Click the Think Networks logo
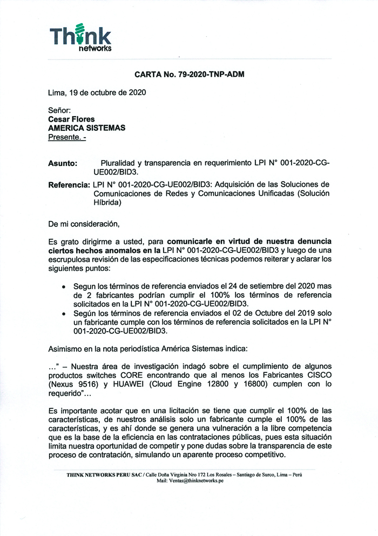pos(80,38)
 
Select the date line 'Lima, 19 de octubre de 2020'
pos(97,92)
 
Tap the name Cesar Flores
pos(71,119)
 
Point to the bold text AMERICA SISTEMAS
pos(86,128)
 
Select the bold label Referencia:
pos(69,185)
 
